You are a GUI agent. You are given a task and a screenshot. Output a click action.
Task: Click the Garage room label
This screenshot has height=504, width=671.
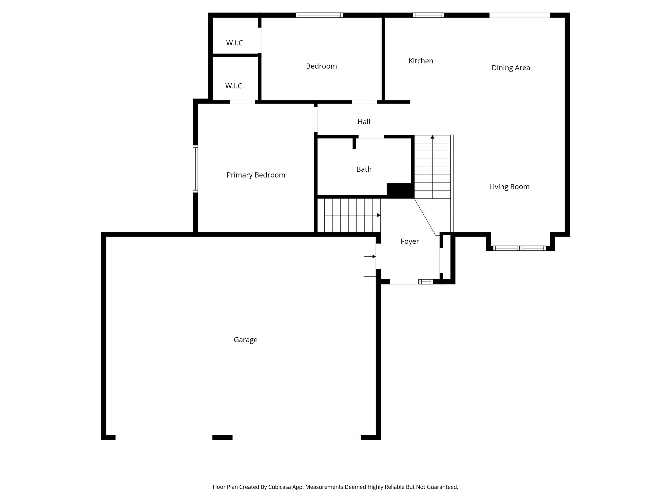[245, 340]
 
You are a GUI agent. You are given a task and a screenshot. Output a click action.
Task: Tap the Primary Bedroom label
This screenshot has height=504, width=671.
[256, 175]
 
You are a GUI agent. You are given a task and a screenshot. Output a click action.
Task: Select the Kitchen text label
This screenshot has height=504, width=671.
[421, 61]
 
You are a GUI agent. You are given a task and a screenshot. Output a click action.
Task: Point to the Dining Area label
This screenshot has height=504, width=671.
[510, 68]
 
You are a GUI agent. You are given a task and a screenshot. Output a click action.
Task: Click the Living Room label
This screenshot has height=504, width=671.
[509, 187]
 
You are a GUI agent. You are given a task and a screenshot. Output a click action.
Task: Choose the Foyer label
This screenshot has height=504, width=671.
[410, 241]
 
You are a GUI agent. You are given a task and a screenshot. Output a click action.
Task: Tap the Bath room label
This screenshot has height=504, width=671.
[364, 169]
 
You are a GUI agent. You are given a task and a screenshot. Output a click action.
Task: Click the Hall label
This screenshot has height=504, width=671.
[364, 122]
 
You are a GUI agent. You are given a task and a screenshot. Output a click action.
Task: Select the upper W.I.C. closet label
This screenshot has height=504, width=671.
[235, 43]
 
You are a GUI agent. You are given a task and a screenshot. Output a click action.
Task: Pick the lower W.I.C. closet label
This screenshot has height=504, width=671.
[234, 86]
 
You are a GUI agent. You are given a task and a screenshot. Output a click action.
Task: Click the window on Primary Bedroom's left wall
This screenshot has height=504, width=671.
[195, 169]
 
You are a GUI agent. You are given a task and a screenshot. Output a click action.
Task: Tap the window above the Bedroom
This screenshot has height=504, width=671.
[319, 15]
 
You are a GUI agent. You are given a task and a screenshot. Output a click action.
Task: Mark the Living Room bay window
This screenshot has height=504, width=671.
[519, 248]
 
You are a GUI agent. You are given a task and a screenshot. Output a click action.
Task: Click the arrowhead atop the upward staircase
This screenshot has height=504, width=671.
[432, 137]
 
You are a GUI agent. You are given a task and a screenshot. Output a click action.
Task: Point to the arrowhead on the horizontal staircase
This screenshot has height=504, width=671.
[379, 215]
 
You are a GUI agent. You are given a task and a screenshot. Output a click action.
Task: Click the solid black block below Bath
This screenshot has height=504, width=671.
[400, 191]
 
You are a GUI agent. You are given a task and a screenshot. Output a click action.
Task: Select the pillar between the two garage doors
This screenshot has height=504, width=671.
[222, 437]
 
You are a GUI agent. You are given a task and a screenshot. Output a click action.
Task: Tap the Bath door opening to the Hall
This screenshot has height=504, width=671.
[371, 136]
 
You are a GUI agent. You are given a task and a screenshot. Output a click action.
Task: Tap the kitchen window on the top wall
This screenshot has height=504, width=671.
[428, 15]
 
